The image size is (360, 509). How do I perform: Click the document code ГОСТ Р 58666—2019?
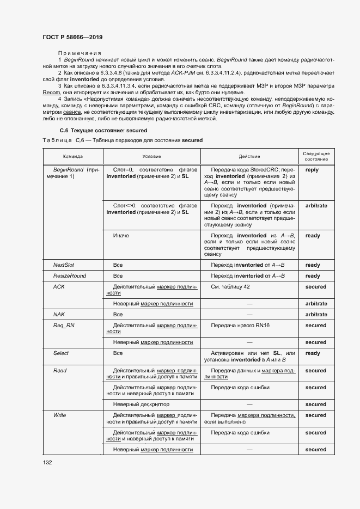pos(72,37)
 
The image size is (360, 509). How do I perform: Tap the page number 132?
pos(47,463)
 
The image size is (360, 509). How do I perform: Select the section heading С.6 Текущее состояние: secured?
pos(103,131)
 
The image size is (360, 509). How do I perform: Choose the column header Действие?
pos(249,157)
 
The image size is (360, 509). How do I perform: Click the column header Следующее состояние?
pos(316,157)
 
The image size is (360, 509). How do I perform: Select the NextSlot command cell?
pos(63,265)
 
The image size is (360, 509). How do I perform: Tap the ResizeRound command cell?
pos(69,276)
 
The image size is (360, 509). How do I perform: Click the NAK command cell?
pos(59,315)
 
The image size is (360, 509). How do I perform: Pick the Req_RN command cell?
pos(63,326)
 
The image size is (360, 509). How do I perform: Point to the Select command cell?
pos(61,353)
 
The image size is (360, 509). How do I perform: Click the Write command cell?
pos(59,415)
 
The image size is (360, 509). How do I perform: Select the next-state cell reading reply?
pos(312,170)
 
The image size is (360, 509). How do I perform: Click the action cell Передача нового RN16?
pos(240,326)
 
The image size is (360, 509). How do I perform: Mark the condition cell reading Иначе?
pos(121,236)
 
